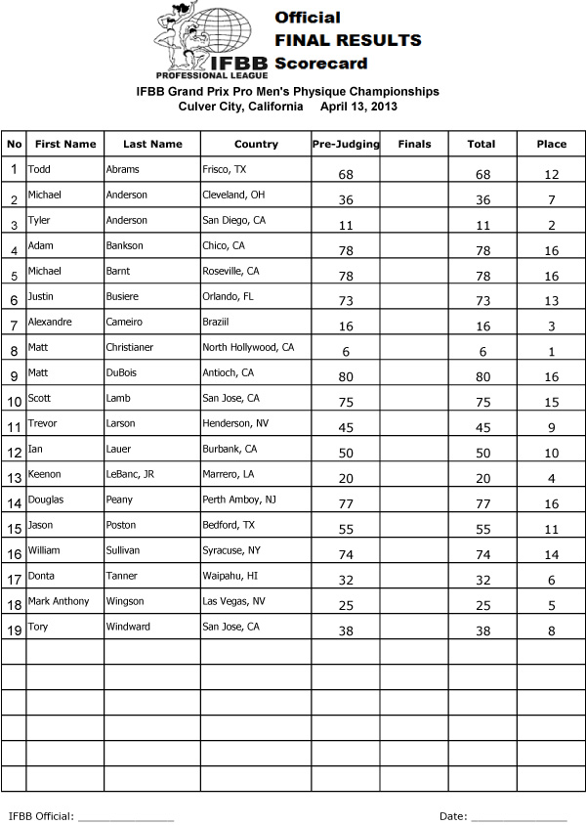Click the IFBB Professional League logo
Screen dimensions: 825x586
point(210,41)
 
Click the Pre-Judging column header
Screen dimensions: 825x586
point(346,144)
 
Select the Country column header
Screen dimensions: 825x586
point(256,144)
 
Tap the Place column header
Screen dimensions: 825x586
point(551,144)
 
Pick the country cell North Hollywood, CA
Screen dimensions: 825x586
point(247,347)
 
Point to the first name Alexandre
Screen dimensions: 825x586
point(49,322)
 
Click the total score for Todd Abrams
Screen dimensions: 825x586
point(481,174)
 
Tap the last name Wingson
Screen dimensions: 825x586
point(124,601)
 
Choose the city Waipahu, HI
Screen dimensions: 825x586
point(230,576)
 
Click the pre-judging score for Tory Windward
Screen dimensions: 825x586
point(346,631)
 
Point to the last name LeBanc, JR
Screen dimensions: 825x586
point(130,474)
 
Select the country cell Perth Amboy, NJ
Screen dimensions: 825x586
point(238,499)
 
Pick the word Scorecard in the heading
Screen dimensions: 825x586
point(320,64)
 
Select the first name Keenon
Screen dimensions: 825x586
point(44,474)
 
